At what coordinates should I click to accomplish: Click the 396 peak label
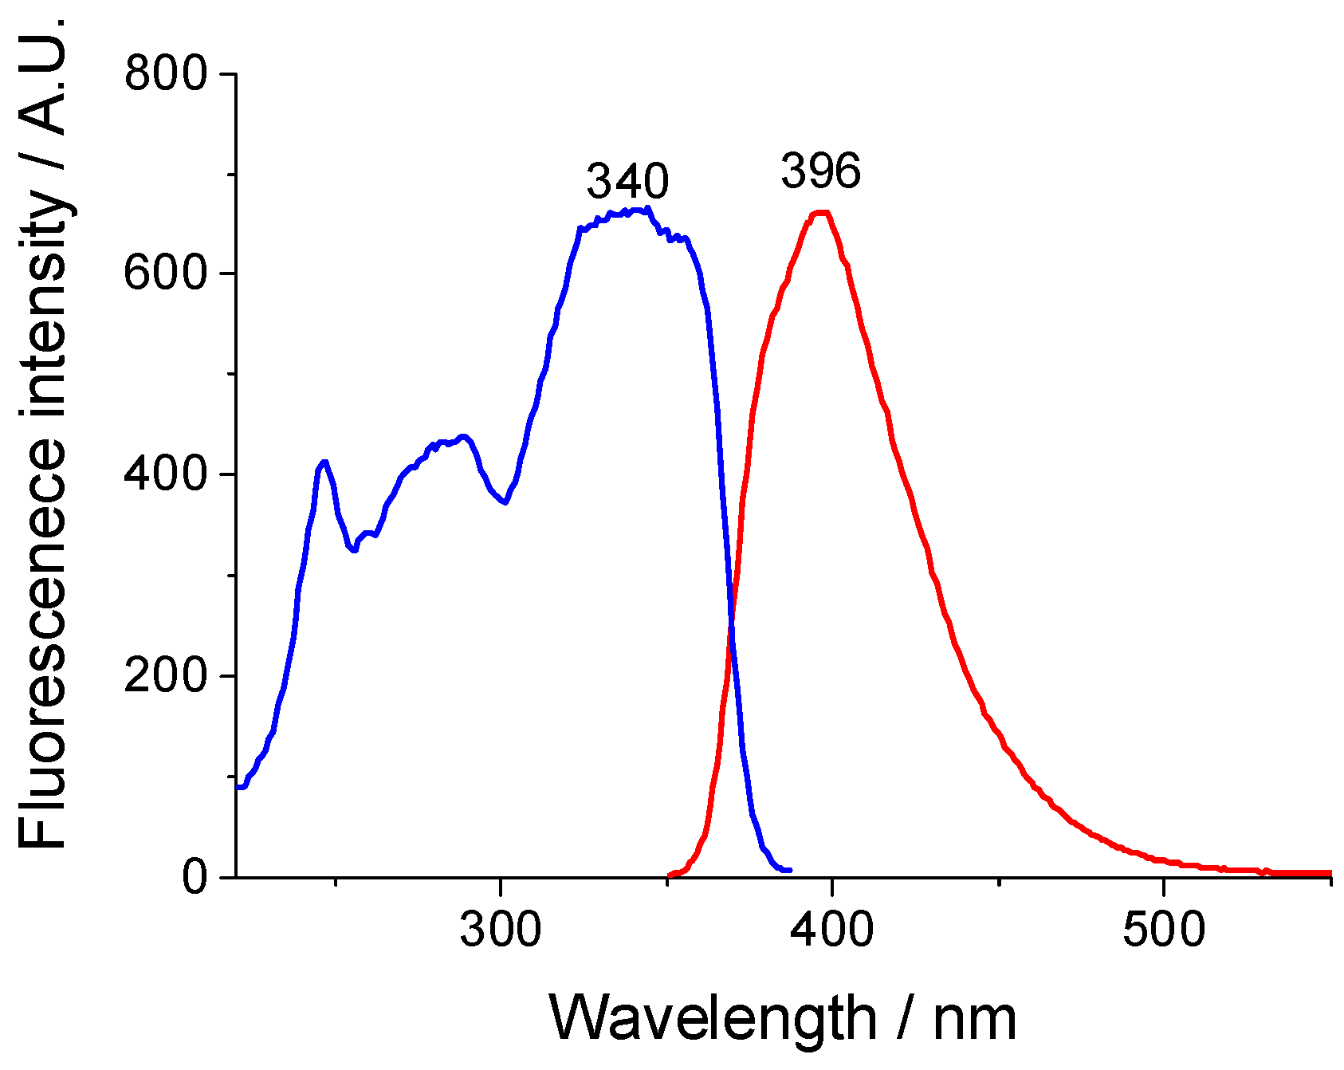pos(820,171)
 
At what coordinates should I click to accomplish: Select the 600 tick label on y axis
pos(165,274)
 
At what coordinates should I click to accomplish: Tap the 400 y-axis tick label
pos(165,475)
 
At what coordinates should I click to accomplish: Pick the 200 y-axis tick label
pos(165,676)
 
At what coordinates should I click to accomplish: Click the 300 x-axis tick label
pos(500,930)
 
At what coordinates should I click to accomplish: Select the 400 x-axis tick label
pos(832,930)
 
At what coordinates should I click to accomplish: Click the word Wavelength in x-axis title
pos(713,1019)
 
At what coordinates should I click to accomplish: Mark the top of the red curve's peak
pos(821,213)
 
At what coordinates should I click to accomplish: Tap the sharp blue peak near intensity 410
pos(324,462)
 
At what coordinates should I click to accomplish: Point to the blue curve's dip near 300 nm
pos(505,502)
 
